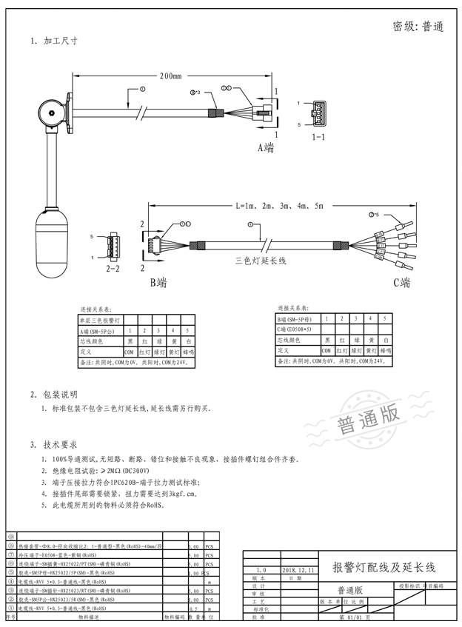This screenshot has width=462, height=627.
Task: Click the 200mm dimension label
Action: pyautogui.click(x=171, y=76)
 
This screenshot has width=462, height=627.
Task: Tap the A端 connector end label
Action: pyautogui.click(x=265, y=147)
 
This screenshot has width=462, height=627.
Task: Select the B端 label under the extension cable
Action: pyautogui.click(x=158, y=282)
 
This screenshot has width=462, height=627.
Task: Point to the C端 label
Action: pyautogui.click(x=401, y=282)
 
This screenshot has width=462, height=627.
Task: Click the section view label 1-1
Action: pyautogui.click(x=318, y=138)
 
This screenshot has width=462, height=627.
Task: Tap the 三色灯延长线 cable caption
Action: pyautogui.click(x=260, y=261)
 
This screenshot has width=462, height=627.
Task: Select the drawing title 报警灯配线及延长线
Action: pyautogui.click(x=384, y=568)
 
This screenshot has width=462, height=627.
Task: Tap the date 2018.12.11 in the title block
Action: pyautogui.click(x=298, y=571)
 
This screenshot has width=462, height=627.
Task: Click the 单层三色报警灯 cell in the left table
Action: pyautogui.click(x=98, y=321)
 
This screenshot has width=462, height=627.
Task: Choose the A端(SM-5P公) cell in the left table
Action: pyautogui.click(x=98, y=331)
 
